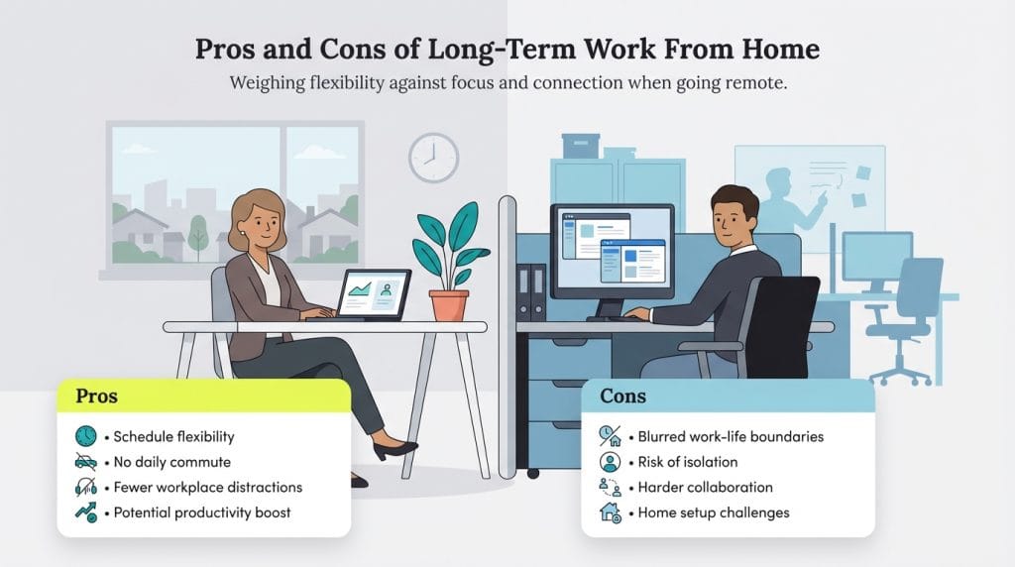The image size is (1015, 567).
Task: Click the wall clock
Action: click(x=433, y=158)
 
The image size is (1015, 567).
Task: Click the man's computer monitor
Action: click(x=612, y=251)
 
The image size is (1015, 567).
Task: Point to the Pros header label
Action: click(x=96, y=397)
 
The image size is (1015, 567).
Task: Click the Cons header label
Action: click(x=622, y=397)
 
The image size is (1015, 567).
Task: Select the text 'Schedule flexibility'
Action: click(x=173, y=436)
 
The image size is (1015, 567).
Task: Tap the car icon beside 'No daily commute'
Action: click(x=86, y=462)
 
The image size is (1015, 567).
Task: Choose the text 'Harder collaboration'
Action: click(x=705, y=488)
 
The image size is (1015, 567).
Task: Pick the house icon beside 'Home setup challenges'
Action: click(x=611, y=512)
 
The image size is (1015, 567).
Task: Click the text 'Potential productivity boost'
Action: click(x=201, y=512)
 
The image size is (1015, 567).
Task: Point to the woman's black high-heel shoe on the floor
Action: click(x=395, y=450)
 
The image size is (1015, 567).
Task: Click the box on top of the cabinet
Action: click(x=581, y=146)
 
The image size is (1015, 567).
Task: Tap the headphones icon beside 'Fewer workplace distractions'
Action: click(x=86, y=488)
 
